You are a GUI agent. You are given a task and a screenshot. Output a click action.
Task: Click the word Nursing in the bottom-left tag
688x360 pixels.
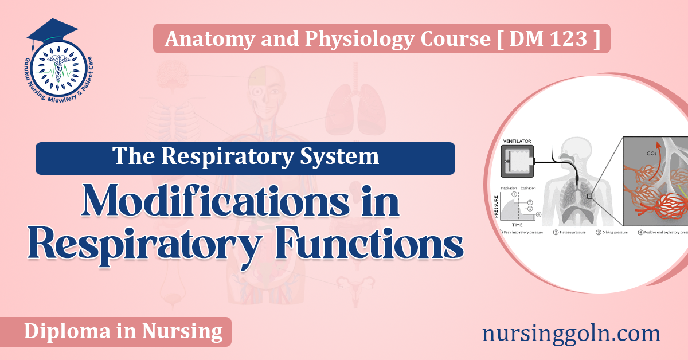point(186,331)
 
